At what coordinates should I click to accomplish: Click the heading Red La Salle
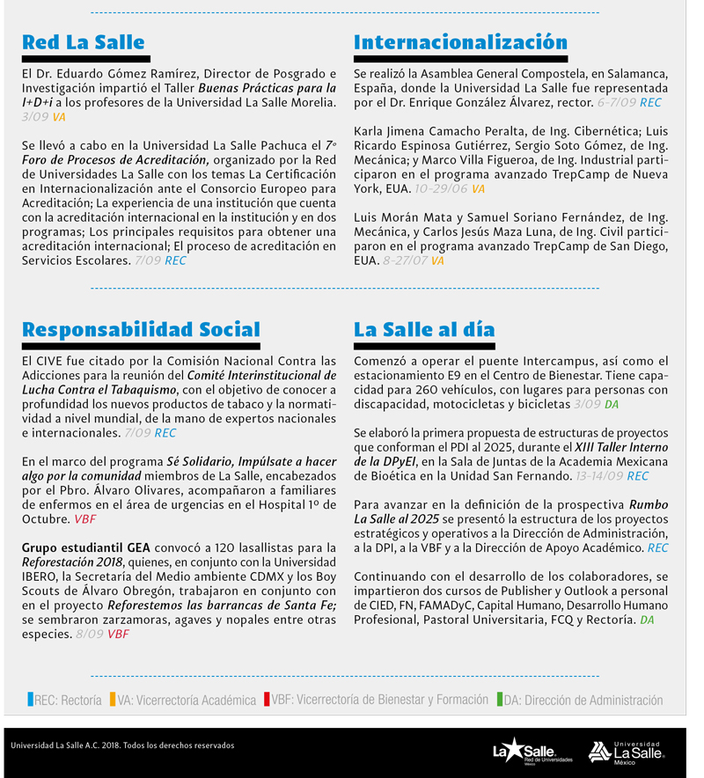[83, 43]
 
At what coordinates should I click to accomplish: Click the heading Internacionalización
[460, 43]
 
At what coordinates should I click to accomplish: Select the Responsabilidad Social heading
[141, 330]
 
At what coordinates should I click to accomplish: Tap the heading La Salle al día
[424, 330]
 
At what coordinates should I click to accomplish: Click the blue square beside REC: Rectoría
[30, 701]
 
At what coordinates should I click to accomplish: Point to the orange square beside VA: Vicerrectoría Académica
[113, 701]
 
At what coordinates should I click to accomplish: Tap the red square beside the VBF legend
[267, 701]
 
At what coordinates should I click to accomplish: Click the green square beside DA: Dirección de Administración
[499, 701]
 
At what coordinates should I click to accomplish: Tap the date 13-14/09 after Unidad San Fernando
[600, 476]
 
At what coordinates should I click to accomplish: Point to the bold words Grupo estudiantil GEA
[86, 547]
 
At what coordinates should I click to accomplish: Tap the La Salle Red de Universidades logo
[532, 751]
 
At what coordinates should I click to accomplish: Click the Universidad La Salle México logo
[627, 751]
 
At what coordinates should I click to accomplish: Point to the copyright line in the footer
[122, 745]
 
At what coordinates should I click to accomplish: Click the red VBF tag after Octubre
[85, 519]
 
